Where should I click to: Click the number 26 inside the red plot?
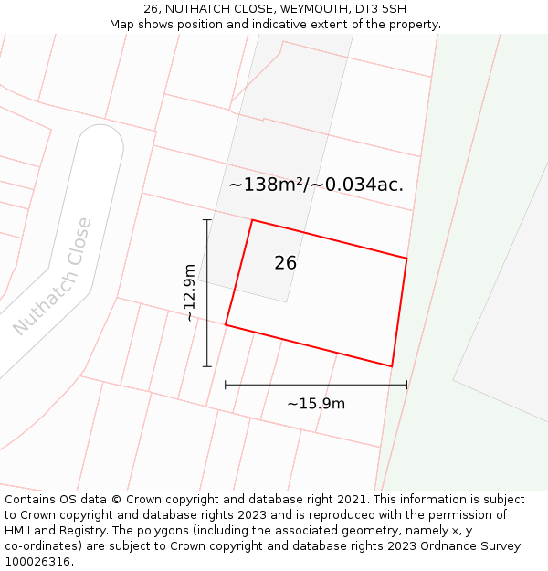[x=285, y=263]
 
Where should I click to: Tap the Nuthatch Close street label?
[x=52, y=276]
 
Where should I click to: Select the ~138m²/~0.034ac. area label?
[x=316, y=185]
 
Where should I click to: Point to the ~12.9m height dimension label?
[x=189, y=292]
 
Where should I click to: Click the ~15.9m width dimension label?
[x=316, y=404]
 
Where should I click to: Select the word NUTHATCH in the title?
[x=196, y=9]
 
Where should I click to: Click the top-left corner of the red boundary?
[x=252, y=220]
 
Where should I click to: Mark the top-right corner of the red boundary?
[x=406, y=259]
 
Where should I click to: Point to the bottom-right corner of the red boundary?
[x=392, y=366]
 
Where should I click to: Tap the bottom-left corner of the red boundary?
[x=226, y=324]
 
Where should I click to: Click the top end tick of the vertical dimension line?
[x=207, y=220]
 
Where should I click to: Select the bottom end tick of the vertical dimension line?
[x=207, y=366]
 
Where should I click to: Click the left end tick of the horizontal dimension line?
[x=226, y=386]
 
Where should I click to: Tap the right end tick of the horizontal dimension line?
[x=406, y=386]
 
